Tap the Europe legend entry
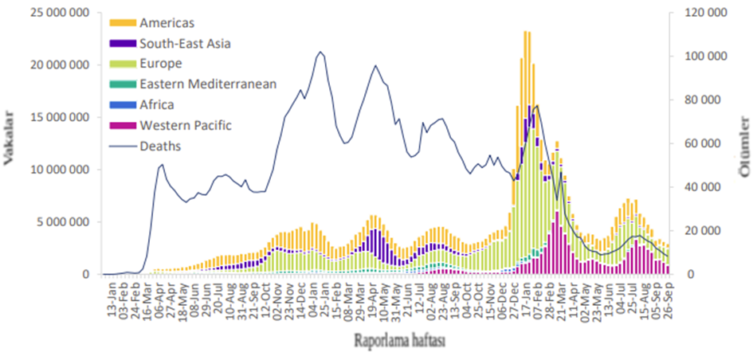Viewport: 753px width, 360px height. pos(160,64)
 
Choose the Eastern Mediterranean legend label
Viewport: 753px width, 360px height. pos(207,84)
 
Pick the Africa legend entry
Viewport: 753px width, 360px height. pos(156,104)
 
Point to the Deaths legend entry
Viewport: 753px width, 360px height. pos(159,146)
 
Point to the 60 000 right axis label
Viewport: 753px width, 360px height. pos(708,143)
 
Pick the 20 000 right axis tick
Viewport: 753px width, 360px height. pos(708,231)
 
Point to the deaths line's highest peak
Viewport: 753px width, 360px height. pos(320,53)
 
